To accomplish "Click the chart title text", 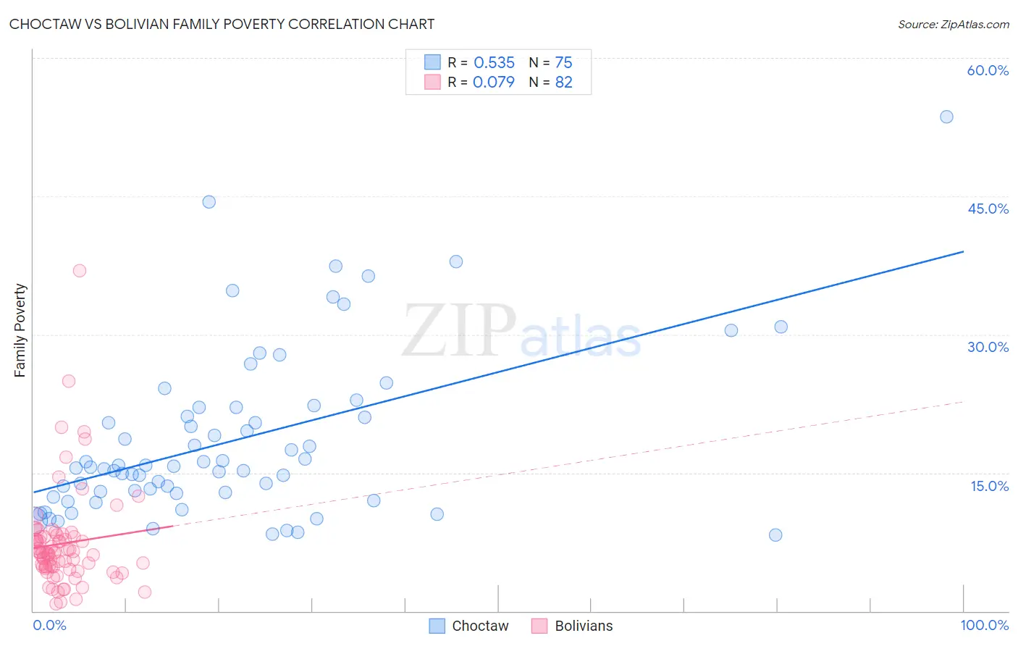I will point(222,24).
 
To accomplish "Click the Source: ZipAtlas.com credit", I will point(953,24).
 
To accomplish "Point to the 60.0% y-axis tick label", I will point(988,70).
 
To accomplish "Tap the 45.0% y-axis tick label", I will point(988,209).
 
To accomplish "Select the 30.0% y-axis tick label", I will point(988,347).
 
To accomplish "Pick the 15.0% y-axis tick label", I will point(989,486).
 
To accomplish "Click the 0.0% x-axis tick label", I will point(49,625).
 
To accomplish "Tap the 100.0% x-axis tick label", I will point(984,625).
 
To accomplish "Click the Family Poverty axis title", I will point(20,330).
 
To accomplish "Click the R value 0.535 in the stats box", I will point(494,62).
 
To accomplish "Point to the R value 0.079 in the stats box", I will point(493,82).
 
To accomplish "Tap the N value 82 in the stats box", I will point(563,82).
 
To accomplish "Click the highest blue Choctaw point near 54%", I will point(946,117).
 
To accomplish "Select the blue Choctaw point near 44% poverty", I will point(209,202).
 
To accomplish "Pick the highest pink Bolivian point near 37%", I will point(80,271).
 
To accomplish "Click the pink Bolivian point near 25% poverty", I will point(69,381).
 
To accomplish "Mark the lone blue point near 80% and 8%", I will point(775,535).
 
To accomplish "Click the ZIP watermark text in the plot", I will point(459,330).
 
